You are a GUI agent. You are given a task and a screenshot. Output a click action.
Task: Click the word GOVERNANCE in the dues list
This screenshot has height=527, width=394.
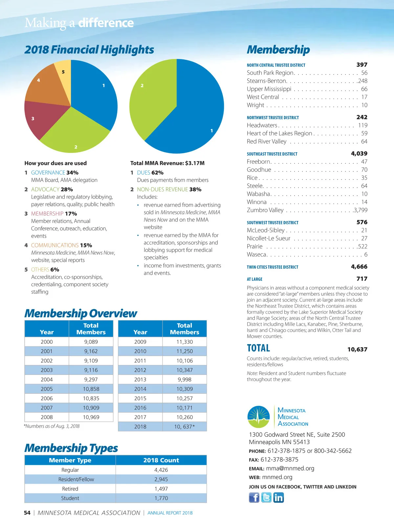(48, 173)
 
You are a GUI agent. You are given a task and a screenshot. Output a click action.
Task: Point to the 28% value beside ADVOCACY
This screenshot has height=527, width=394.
(67, 189)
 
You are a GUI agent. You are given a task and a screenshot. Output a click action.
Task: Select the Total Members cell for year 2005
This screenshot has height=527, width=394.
(91, 389)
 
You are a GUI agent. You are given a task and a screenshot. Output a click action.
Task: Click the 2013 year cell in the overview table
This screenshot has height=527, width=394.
(140, 379)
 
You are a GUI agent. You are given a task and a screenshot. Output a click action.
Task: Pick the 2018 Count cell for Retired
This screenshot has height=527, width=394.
(161, 489)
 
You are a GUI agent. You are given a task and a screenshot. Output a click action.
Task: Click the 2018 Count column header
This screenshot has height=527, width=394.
(161, 460)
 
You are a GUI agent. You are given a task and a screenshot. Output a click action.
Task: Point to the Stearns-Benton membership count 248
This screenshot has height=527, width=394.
(363, 81)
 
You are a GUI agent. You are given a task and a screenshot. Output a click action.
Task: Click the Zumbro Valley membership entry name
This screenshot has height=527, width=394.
(265, 210)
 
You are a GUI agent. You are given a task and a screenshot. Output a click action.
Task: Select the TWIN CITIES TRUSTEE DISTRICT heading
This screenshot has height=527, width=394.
(273, 267)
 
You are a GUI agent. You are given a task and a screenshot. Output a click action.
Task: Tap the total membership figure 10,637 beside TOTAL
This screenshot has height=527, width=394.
(357, 349)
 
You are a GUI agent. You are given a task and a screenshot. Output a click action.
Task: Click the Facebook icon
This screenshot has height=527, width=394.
(254, 497)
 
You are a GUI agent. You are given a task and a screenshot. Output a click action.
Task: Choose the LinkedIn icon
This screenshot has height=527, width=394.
(278, 497)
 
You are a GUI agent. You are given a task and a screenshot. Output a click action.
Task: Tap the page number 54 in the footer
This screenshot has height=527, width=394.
(27, 513)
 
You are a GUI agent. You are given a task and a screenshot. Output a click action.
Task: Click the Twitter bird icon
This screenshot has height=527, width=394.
(266, 497)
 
